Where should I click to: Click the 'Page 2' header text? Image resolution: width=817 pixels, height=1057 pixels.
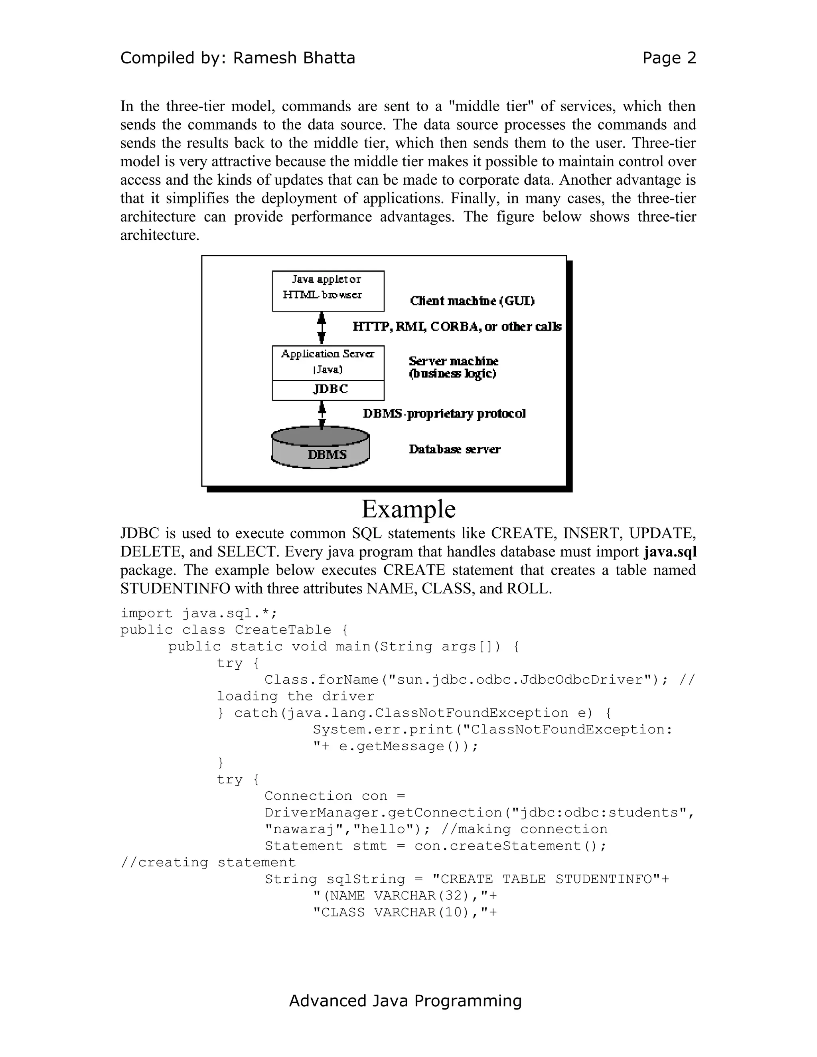coord(669,58)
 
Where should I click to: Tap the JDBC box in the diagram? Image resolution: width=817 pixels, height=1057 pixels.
coord(328,390)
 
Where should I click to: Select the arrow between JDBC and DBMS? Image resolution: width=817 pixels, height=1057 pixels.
coord(322,415)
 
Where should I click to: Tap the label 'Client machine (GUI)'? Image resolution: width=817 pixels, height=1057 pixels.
coord(472,301)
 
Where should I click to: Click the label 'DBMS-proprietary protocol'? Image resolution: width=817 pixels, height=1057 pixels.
coord(444,414)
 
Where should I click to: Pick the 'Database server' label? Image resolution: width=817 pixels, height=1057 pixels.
coord(454,449)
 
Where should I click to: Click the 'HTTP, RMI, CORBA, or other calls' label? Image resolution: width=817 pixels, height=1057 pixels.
coord(457,327)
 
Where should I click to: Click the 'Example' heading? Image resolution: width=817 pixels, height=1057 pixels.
coord(408,509)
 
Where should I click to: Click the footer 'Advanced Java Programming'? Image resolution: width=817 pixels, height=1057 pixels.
coord(405,1000)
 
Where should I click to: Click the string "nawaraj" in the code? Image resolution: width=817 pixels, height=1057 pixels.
coord(304,829)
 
